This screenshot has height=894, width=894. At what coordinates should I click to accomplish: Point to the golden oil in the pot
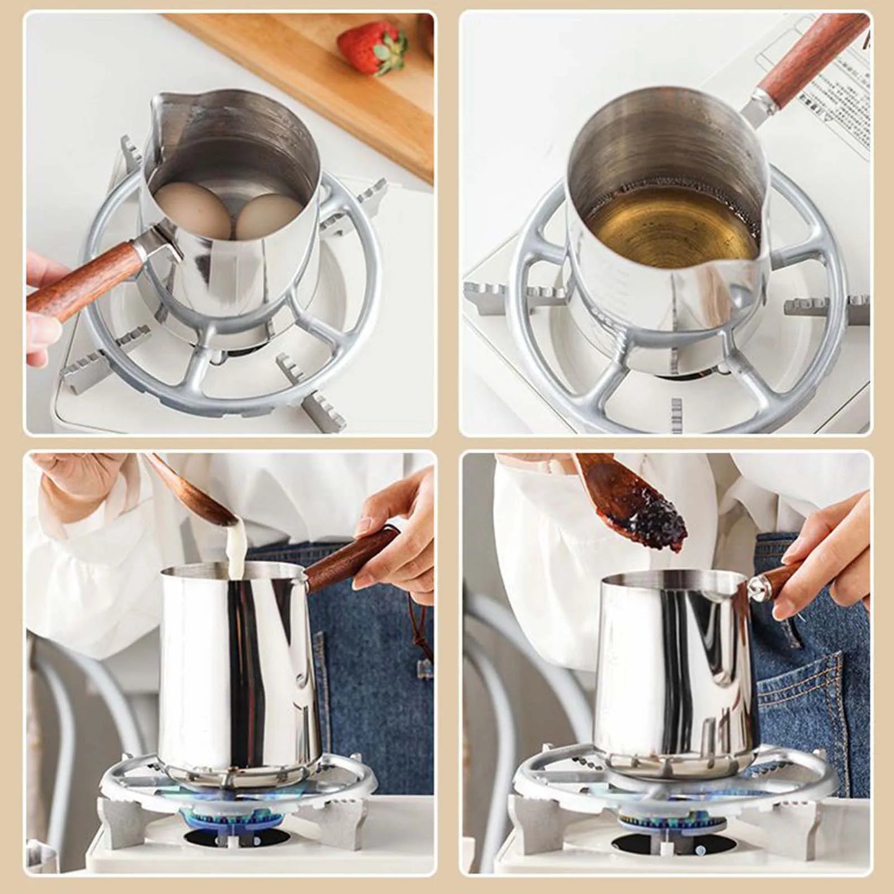pyautogui.click(x=671, y=223)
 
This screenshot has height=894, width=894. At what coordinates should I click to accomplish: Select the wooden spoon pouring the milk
pyautogui.click(x=186, y=489)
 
